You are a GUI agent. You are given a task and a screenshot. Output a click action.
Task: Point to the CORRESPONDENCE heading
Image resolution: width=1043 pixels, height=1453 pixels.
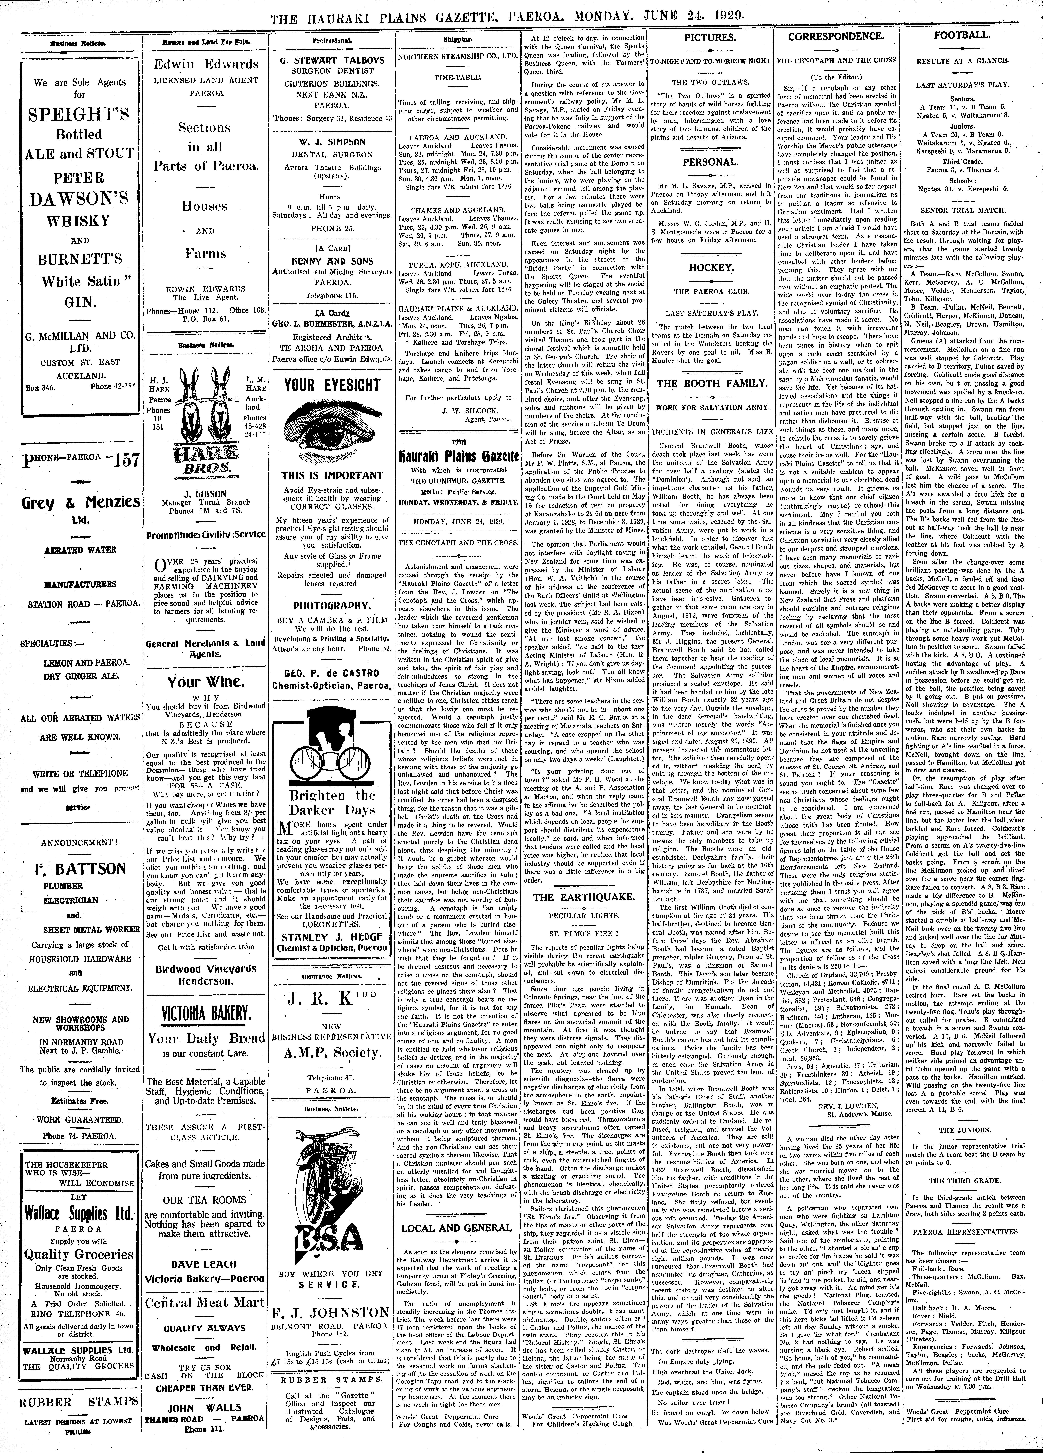pos(835,36)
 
